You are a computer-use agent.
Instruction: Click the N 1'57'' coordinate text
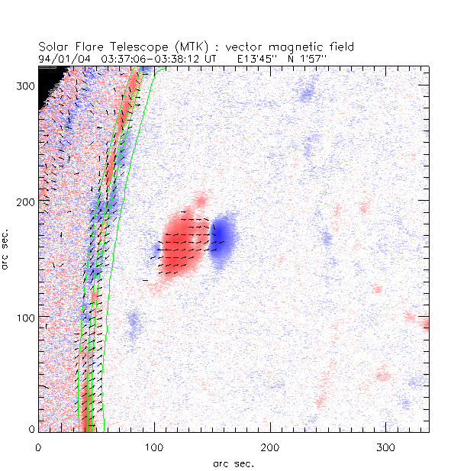click(x=308, y=57)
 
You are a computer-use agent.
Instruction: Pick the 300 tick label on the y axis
click(x=24, y=86)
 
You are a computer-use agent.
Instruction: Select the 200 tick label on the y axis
click(x=24, y=202)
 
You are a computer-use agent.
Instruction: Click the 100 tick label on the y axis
click(x=24, y=317)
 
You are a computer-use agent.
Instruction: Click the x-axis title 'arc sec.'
click(x=233, y=463)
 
